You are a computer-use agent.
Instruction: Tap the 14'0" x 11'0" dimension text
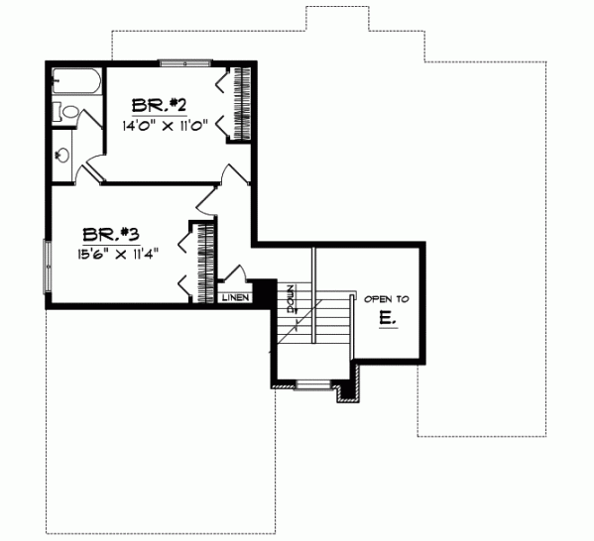164,126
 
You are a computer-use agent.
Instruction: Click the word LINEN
235,297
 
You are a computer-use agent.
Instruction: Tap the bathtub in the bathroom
77,83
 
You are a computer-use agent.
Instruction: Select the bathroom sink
61,154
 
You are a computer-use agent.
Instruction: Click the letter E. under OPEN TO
386,318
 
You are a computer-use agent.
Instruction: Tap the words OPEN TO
386,298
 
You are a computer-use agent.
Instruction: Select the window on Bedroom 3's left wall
46,266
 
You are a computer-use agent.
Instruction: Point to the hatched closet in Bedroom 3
207,260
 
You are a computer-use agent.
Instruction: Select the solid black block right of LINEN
264,292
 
